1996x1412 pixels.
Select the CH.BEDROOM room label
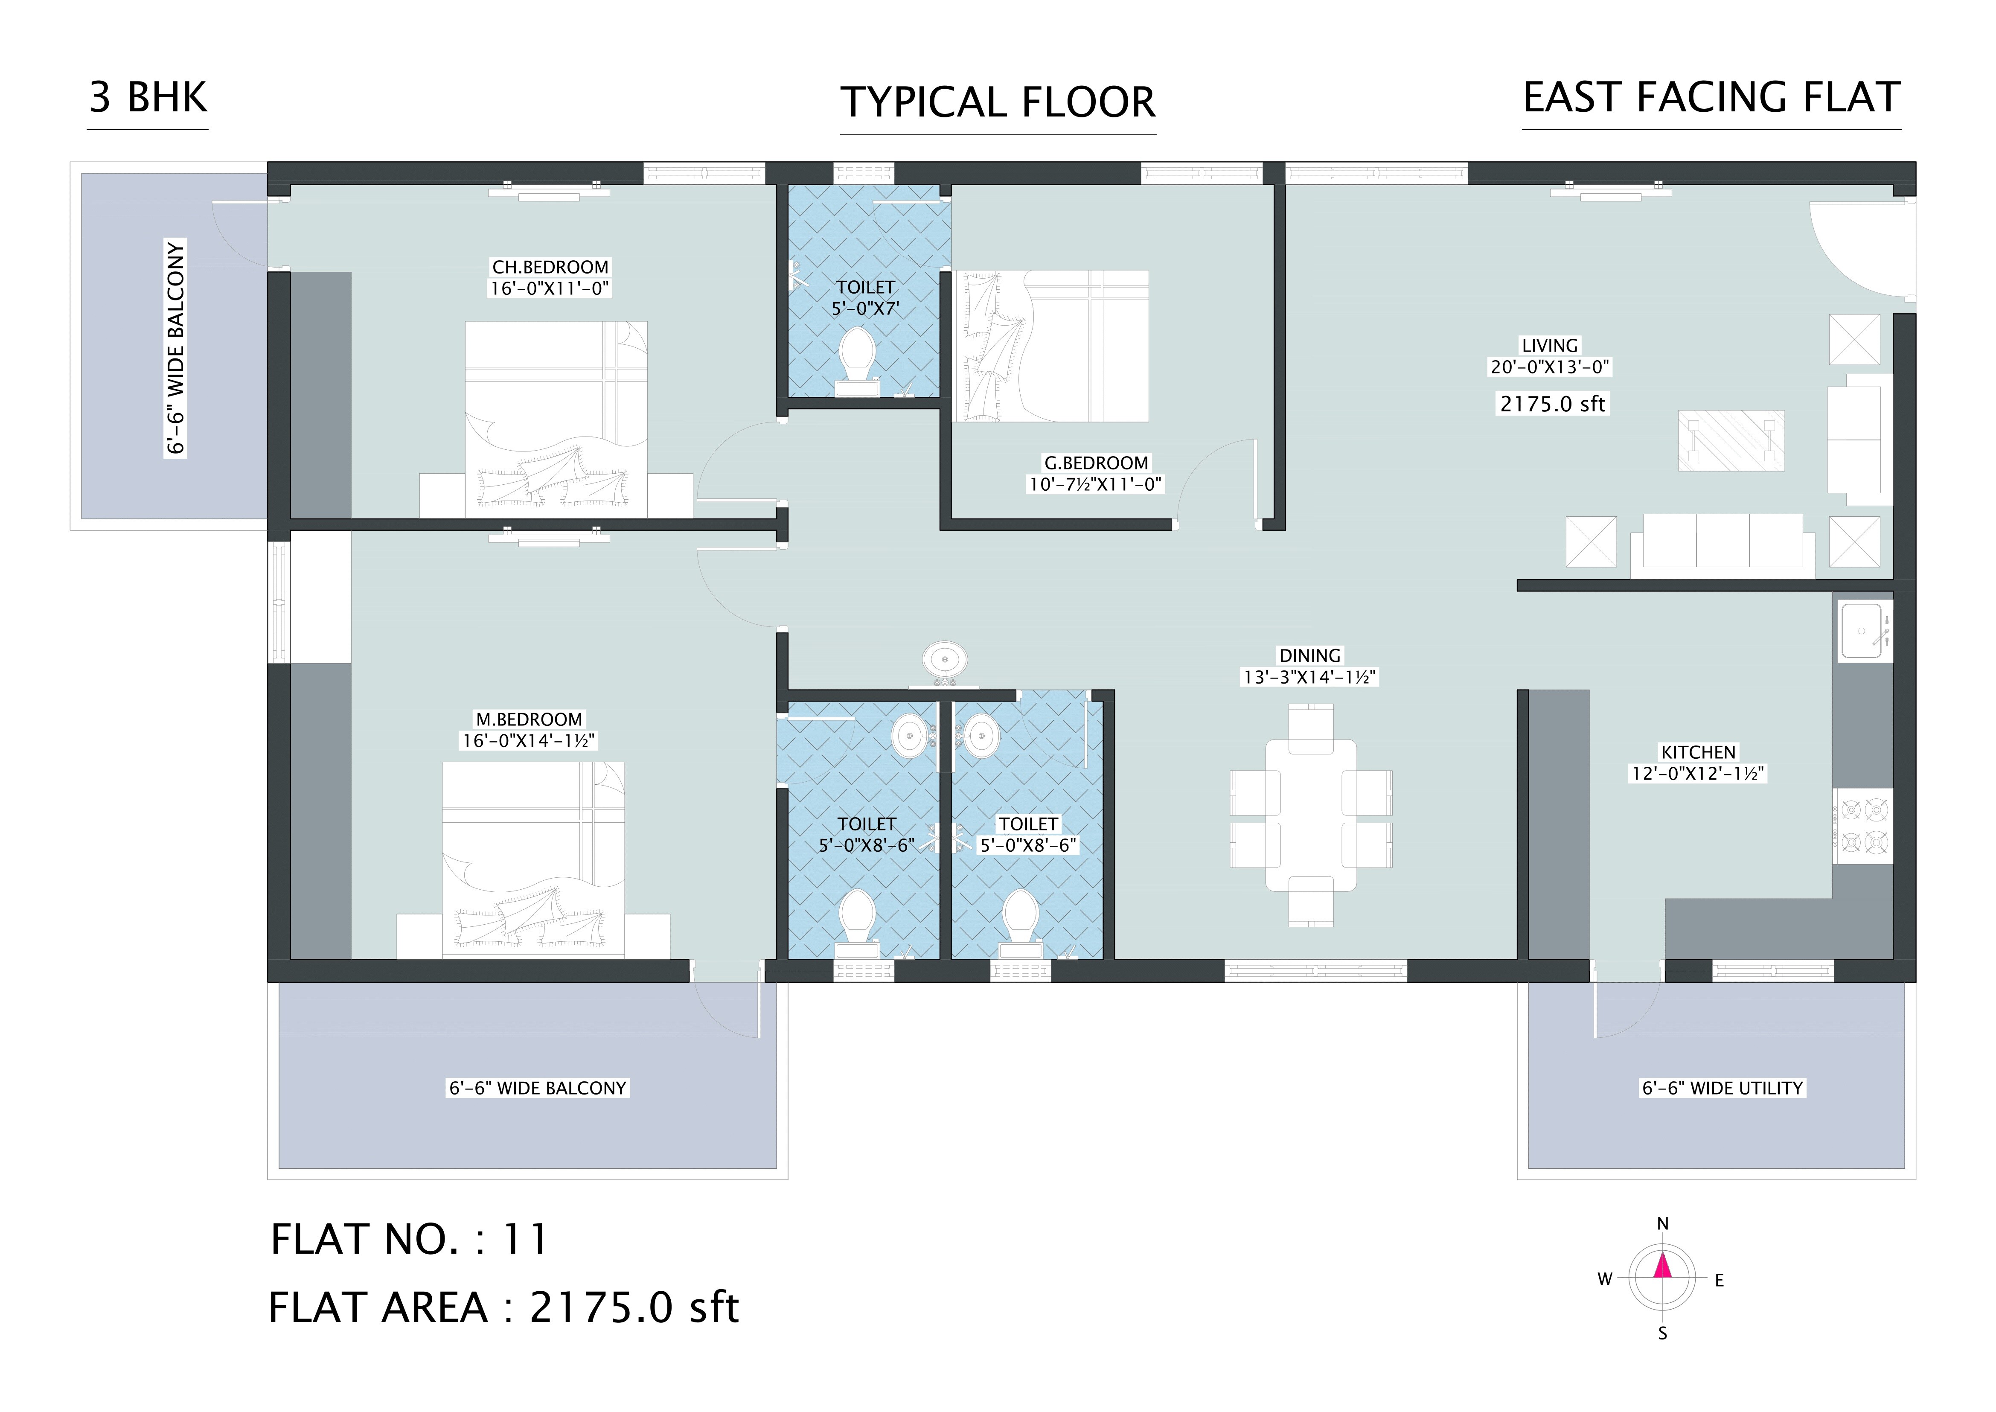550,267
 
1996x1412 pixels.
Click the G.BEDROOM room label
1095,463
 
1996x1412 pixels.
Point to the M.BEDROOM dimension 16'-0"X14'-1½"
529,741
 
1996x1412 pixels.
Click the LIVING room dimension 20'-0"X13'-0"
1550,367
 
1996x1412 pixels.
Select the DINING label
1309,655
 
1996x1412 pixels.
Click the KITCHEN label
1698,752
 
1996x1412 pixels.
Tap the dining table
1310,815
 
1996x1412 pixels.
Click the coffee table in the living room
1731,441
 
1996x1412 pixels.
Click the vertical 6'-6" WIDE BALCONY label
176,348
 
